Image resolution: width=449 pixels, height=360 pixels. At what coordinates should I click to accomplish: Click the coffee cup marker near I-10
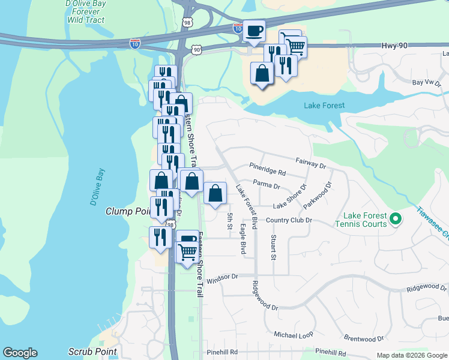[254, 31]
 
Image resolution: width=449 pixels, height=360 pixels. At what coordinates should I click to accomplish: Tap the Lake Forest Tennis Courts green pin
[395, 219]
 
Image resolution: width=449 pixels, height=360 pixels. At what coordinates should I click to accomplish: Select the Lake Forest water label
[324, 106]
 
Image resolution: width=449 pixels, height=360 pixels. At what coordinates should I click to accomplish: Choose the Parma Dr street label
[267, 185]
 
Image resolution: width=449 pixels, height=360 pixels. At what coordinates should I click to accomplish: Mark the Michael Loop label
[294, 334]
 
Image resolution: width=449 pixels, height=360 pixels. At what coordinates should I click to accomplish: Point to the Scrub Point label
[92, 351]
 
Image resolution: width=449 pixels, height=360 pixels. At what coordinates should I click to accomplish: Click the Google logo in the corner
[20, 353]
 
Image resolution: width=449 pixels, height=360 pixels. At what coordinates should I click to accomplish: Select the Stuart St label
[273, 248]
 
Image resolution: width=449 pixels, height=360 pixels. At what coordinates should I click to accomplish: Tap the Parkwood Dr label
[318, 193]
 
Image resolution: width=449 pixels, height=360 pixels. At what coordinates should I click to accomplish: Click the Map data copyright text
[412, 355]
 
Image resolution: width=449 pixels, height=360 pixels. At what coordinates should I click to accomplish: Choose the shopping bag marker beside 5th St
[215, 194]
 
